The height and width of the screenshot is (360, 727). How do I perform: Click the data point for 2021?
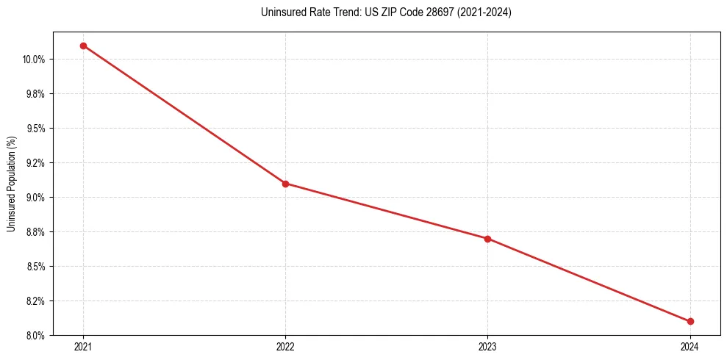click(83, 46)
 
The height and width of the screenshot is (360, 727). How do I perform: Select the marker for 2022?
click(285, 184)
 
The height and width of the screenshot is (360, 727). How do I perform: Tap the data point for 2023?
click(487, 239)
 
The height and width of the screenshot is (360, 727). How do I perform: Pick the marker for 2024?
click(690, 322)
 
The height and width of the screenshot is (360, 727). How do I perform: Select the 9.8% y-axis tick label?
click(36, 94)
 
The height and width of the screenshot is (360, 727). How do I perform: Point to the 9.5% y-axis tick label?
click(36, 129)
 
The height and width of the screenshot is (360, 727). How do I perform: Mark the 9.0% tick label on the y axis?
click(36, 198)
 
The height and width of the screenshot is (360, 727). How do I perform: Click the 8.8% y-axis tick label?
click(36, 232)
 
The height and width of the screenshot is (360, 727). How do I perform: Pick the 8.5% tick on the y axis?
click(36, 267)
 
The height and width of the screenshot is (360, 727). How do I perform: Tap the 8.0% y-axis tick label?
click(36, 336)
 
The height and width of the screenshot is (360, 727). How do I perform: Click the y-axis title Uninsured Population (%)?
click(11, 184)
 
